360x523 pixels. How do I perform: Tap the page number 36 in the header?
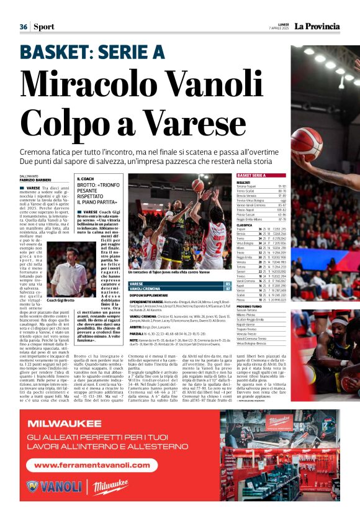coord(24,27)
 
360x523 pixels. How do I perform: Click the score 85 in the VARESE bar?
coord(228,283)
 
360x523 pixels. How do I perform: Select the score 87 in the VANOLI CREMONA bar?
coord(228,289)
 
